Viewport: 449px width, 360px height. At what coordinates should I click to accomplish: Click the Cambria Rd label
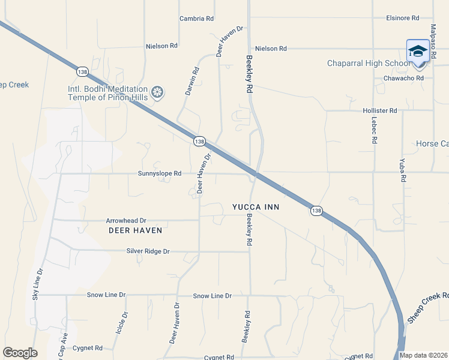[197, 19]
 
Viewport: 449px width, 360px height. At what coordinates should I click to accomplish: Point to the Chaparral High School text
[368, 64]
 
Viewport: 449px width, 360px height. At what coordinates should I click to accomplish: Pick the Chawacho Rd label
[403, 78]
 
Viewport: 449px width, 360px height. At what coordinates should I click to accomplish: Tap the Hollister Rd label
[380, 111]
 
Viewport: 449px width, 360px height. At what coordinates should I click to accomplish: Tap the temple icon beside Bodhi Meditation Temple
[157, 92]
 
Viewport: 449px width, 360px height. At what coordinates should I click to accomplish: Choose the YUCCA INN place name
[256, 207]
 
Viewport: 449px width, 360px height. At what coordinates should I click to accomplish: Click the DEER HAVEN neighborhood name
[135, 230]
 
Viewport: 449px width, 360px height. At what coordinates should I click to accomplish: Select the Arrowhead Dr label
[126, 221]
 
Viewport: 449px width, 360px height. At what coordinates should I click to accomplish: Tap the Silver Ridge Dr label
[148, 251]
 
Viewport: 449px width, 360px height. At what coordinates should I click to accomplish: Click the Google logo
[20, 352]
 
